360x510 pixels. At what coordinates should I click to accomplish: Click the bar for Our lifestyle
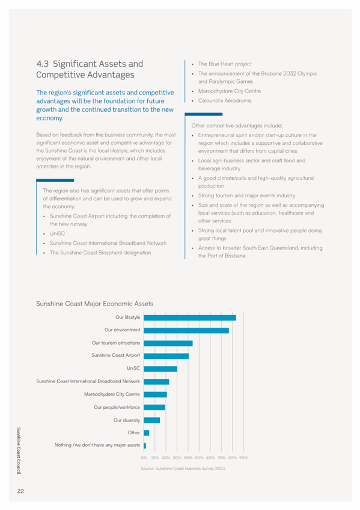190,318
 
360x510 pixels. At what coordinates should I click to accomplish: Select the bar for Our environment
186,330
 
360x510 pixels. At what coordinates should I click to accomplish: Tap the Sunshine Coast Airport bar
166,356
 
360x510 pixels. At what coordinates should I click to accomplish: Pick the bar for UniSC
160,369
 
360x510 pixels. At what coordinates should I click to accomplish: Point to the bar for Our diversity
151,420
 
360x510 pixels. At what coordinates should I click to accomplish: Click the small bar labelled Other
146,433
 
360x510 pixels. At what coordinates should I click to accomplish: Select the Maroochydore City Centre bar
155,395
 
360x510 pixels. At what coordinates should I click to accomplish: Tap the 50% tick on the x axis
199,458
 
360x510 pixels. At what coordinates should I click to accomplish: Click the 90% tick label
243,458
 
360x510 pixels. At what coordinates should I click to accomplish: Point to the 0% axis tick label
144,458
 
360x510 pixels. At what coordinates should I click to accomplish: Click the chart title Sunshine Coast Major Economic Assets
94,304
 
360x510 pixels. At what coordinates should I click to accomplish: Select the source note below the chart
183,469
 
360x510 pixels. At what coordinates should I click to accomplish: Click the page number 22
20,491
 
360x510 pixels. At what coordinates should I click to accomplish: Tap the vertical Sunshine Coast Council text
19,450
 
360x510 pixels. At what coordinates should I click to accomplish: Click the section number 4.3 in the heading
42,64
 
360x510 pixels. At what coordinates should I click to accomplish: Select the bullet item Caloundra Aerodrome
225,100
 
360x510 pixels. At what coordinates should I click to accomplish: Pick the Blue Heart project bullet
225,64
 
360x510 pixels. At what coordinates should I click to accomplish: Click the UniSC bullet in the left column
57,233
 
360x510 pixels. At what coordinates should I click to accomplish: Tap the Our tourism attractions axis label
116,343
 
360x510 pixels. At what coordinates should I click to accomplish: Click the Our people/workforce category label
117,407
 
